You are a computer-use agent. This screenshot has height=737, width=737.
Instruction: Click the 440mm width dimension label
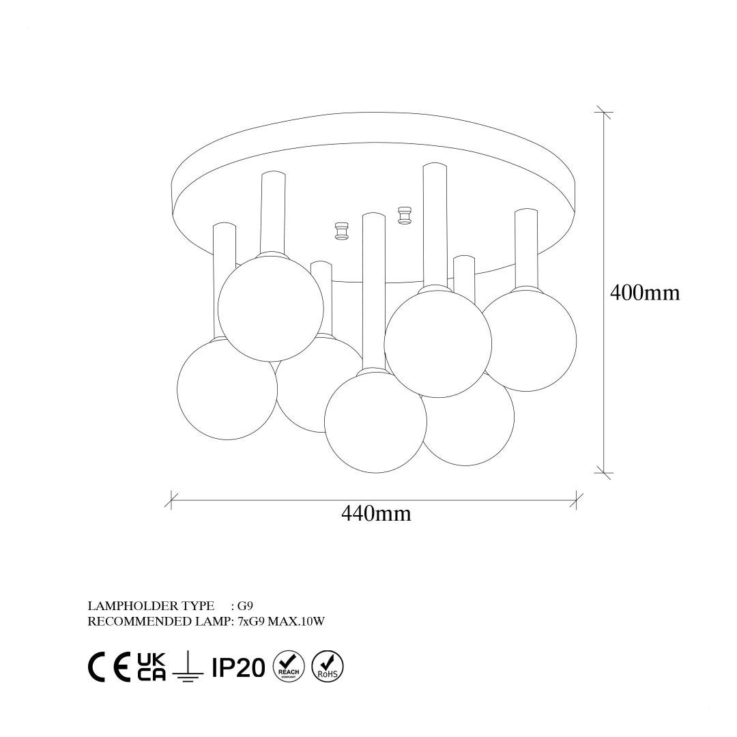click(x=375, y=513)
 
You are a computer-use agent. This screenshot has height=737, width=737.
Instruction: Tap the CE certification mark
click(x=109, y=667)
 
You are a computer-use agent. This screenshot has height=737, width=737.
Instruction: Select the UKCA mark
click(x=151, y=667)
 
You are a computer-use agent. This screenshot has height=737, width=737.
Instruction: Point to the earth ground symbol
click(x=188, y=666)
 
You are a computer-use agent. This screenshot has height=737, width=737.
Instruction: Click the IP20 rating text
click(x=238, y=667)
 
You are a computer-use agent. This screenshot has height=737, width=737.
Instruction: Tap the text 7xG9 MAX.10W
click(x=281, y=622)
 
